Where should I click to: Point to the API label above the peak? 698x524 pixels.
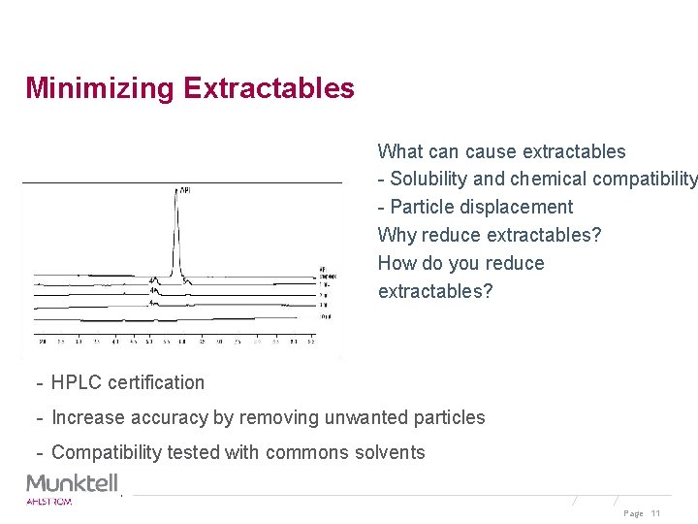pos(184,190)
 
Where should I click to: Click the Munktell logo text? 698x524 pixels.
pos(73,482)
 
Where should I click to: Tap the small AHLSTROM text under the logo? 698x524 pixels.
pos(48,501)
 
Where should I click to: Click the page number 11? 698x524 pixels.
pos(655,513)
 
